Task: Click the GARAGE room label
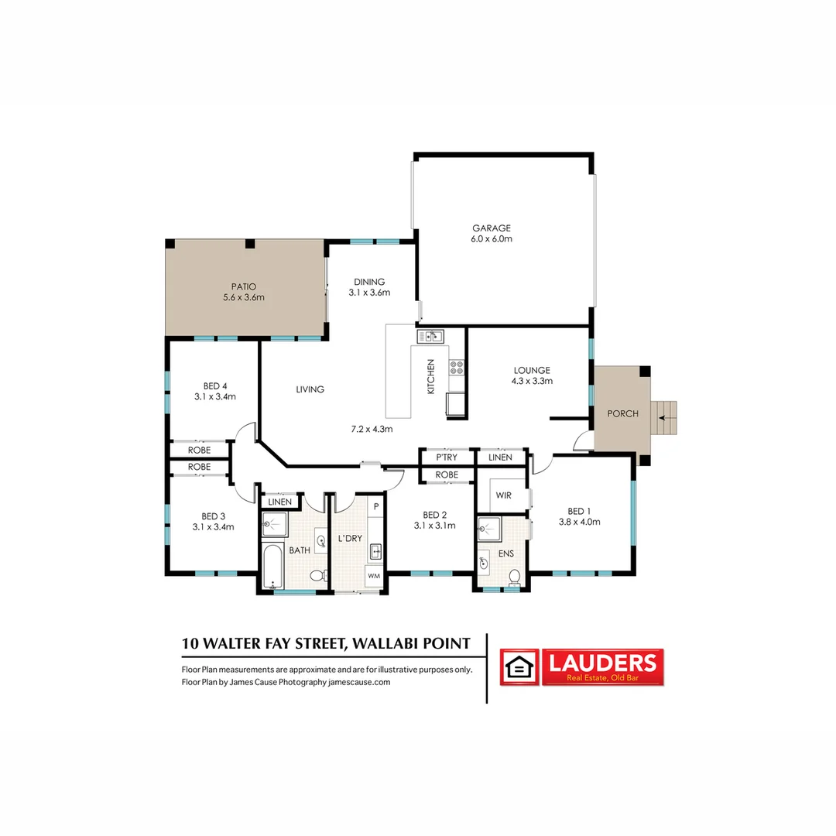point(492,228)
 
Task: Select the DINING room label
point(369,282)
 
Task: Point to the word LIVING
point(310,389)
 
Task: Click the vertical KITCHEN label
point(431,378)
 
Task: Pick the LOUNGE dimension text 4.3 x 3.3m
point(531,381)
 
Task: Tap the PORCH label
point(622,413)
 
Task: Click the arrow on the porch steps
point(662,418)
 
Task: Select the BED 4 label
point(214,385)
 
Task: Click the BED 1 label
point(579,511)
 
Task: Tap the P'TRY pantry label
point(447,457)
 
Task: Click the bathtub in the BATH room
point(270,567)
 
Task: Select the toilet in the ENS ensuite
point(514,576)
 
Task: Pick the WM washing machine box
point(374,576)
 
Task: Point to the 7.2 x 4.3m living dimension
point(372,428)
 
